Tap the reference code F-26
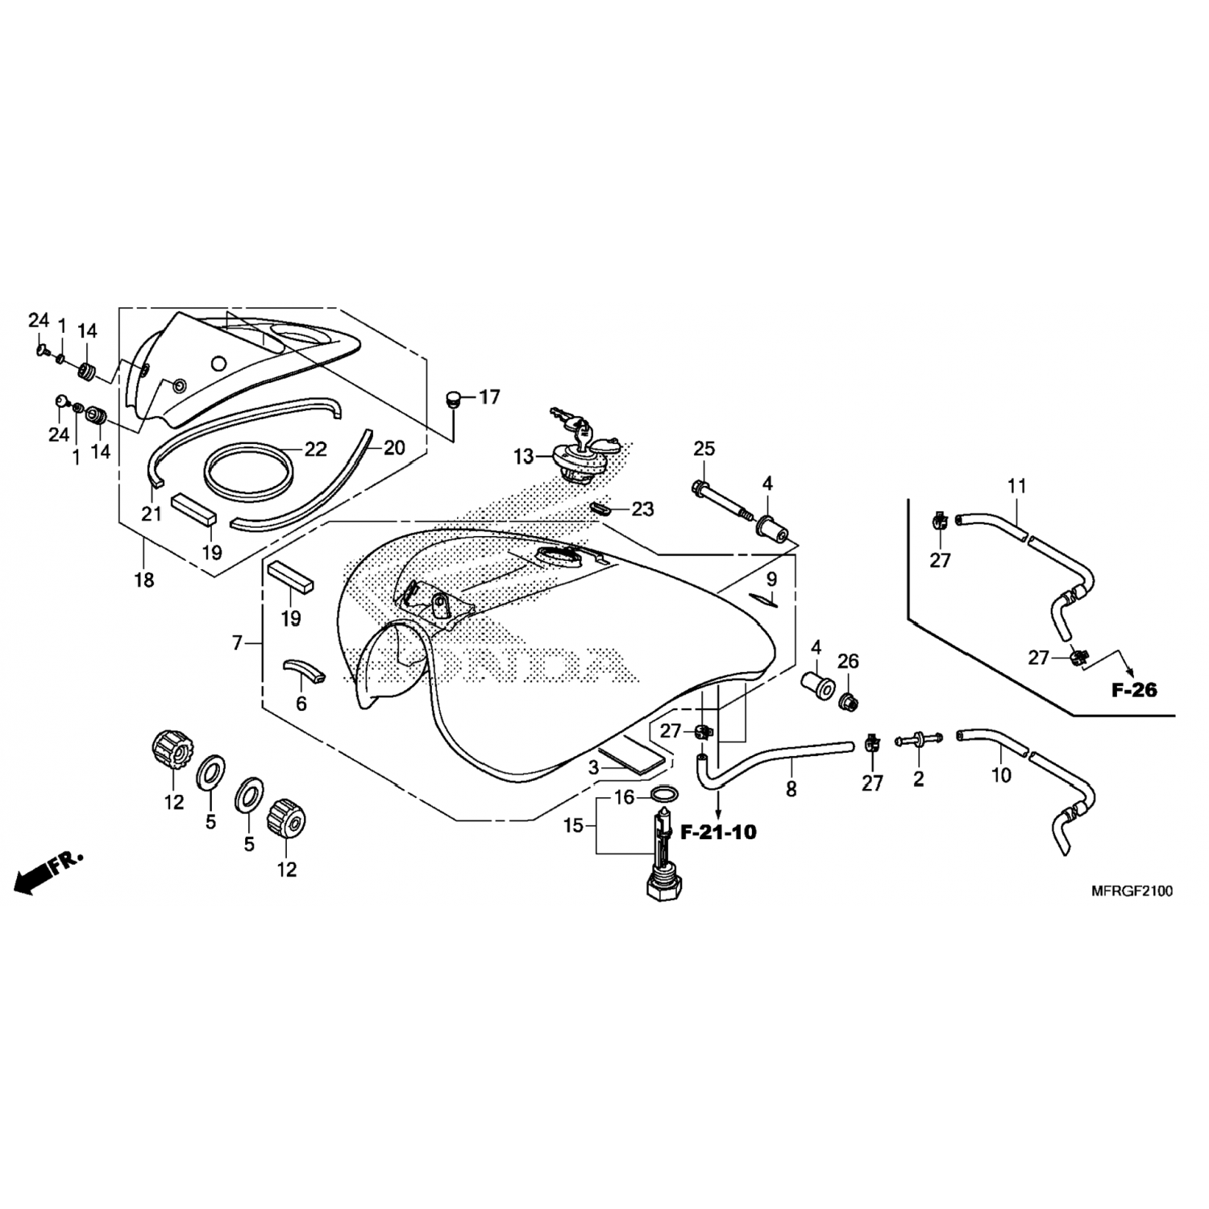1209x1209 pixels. click(x=1134, y=690)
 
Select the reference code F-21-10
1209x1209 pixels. click(x=719, y=833)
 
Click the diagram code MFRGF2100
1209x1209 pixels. click(x=1132, y=891)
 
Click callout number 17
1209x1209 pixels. click(x=489, y=397)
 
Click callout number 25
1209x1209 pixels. click(x=704, y=449)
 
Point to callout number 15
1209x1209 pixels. click(x=573, y=826)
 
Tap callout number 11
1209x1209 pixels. click(x=1016, y=486)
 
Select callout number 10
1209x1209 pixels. click(x=1000, y=775)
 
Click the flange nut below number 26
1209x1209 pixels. click(x=848, y=702)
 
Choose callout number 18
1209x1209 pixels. click(x=144, y=579)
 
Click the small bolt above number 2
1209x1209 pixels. click(x=918, y=738)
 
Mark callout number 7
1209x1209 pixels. click(x=237, y=643)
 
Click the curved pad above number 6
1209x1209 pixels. click(x=304, y=670)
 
